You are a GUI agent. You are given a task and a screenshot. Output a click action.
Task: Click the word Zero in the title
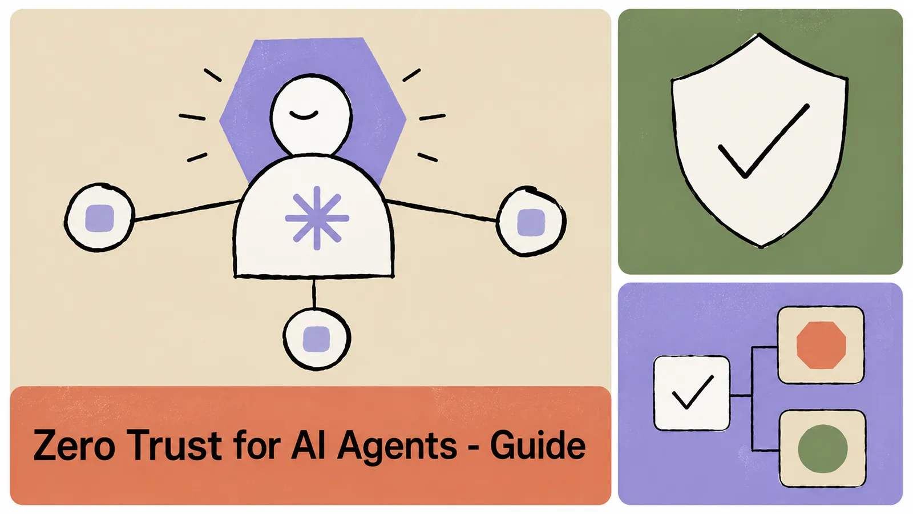pos(74,445)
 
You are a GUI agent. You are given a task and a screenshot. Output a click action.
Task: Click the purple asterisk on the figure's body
pos(317,218)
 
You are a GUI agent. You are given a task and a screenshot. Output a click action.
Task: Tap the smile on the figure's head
pos(304,115)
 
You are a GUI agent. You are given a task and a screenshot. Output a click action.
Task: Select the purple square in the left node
pos(99,218)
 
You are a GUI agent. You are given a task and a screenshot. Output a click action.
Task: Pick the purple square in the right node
pos(531,222)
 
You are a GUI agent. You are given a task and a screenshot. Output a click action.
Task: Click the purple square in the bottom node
pos(316,339)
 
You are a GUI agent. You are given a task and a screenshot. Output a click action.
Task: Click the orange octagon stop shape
pos(821,345)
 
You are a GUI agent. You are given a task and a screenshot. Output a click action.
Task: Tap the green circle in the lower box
pos(822,449)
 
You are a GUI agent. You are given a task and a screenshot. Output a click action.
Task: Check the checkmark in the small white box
pos(693,392)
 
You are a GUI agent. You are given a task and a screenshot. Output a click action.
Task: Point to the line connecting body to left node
pos(187,211)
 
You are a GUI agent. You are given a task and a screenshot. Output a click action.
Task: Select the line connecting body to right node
pos(442,211)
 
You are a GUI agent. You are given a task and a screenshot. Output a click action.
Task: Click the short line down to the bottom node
pos(314,293)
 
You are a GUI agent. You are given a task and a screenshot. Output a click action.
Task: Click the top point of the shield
pos(759,34)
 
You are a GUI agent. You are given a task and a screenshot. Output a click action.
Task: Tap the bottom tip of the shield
pos(761,246)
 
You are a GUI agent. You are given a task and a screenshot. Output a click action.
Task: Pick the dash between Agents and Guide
pos(474,448)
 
